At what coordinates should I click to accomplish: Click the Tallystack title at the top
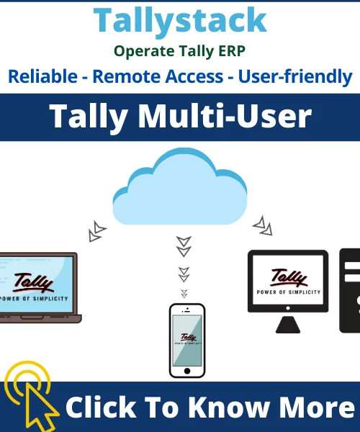[x=180, y=21]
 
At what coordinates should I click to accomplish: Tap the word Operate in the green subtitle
[x=144, y=52]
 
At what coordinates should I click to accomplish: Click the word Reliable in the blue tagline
[x=42, y=76]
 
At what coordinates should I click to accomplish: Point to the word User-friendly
[x=295, y=77]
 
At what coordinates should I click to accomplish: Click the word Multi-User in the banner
[x=225, y=116]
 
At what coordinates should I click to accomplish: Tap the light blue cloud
[x=180, y=186]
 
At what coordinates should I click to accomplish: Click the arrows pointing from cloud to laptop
[x=97, y=231]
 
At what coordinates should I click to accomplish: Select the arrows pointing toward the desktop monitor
[x=263, y=226]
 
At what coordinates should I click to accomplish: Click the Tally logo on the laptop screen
[x=33, y=282]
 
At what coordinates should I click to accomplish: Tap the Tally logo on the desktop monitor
[x=289, y=278]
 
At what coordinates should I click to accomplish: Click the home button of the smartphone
[x=187, y=371]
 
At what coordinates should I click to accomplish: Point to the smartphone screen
[x=187, y=341]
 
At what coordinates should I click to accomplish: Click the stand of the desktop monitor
[x=288, y=325]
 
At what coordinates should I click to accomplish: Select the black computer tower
[x=350, y=291]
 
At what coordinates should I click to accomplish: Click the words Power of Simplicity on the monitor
[x=289, y=292]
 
